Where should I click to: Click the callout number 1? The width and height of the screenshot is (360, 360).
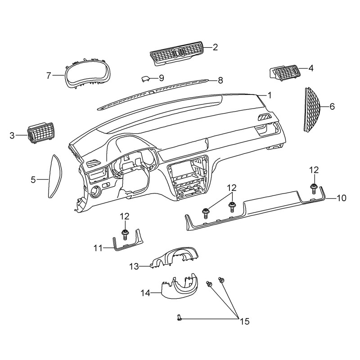pyautogui.click(x=270, y=95)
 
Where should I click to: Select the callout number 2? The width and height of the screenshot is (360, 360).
pyautogui.click(x=215, y=47)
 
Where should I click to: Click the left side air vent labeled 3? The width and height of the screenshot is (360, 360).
pyautogui.click(x=41, y=133)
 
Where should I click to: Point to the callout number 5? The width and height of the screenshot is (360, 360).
pyautogui.click(x=33, y=180)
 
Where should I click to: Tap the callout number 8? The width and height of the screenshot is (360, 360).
pyautogui.click(x=220, y=81)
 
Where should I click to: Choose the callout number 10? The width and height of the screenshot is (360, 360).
pyautogui.click(x=342, y=198)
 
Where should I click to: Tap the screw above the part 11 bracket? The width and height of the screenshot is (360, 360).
pyautogui.click(x=125, y=234)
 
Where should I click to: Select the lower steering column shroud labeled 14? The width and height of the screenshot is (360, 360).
pyautogui.click(x=180, y=288)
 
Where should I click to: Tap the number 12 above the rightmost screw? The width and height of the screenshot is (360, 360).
pyautogui.click(x=314, y=170)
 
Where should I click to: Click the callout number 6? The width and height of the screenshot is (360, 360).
pyautogui.click(x=332, y=107)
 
